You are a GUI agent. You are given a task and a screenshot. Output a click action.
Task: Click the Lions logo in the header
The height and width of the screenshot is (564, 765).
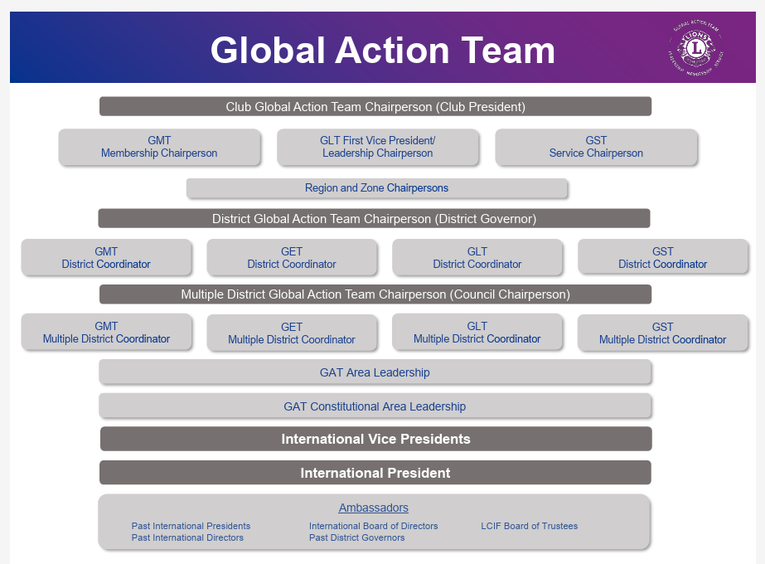[696, 47]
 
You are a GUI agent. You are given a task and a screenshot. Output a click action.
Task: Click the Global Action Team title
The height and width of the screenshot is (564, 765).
[382, 50]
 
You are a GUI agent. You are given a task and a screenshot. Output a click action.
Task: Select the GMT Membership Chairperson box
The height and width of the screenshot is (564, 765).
[159, 147]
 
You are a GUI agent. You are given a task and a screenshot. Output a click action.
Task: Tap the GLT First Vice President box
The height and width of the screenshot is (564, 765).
[377, 147]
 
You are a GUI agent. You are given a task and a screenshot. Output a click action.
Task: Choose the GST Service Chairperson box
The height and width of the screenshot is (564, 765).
[596, 147]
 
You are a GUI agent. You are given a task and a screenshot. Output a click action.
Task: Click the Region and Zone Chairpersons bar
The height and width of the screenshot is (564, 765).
[376, 188]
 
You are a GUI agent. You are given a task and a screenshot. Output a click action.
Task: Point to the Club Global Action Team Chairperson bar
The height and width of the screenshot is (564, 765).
[375, 107]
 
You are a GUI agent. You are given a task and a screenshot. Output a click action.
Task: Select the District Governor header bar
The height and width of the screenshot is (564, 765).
[374, 219]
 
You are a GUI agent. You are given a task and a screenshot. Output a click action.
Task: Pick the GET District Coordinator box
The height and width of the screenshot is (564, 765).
[292, 258]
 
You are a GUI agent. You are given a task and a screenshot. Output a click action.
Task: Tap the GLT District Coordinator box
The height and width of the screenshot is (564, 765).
[477, 258]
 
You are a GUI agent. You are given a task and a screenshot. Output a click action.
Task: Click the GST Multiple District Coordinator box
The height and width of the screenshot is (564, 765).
[662, 333]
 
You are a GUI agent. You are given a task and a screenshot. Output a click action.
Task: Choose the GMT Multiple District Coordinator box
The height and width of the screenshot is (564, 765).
[106, 333]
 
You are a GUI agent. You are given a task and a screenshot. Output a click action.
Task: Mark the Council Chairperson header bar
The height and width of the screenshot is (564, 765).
[375, 294]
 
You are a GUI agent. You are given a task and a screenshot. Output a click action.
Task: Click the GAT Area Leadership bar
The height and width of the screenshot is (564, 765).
[375, 372]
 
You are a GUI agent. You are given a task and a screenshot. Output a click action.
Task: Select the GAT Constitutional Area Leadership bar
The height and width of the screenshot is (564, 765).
[375, 406]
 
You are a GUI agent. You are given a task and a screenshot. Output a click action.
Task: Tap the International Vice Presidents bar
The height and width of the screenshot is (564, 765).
[375, 439]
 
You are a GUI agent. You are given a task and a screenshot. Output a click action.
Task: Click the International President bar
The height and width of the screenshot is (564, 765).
[375, 473]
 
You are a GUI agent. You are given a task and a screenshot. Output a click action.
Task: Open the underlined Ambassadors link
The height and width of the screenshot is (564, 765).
[373, 508]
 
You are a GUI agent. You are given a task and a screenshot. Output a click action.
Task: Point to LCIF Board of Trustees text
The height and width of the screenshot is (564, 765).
[529, 526]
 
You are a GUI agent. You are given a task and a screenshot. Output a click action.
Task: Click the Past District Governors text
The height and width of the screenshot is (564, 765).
[356, 537]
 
